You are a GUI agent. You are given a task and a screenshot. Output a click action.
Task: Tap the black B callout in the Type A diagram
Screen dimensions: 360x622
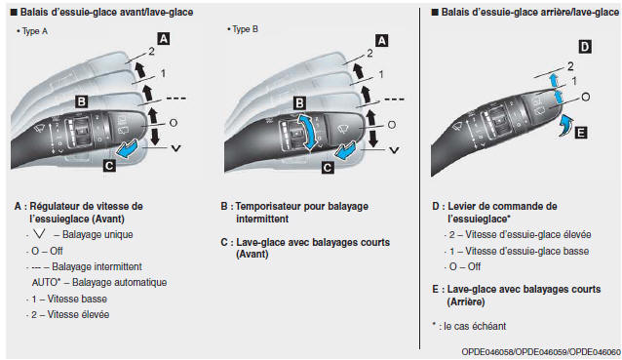tap(83, 100)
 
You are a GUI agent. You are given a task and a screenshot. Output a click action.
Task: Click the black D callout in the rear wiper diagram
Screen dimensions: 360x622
tap(584, 46)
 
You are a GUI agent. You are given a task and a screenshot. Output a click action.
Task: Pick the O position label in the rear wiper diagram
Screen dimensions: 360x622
tap(586, 97)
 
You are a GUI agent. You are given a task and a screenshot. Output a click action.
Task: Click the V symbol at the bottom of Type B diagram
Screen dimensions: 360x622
tap(394, 150)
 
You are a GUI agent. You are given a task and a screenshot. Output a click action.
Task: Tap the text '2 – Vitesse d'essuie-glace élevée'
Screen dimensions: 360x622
tap(519, 235)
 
